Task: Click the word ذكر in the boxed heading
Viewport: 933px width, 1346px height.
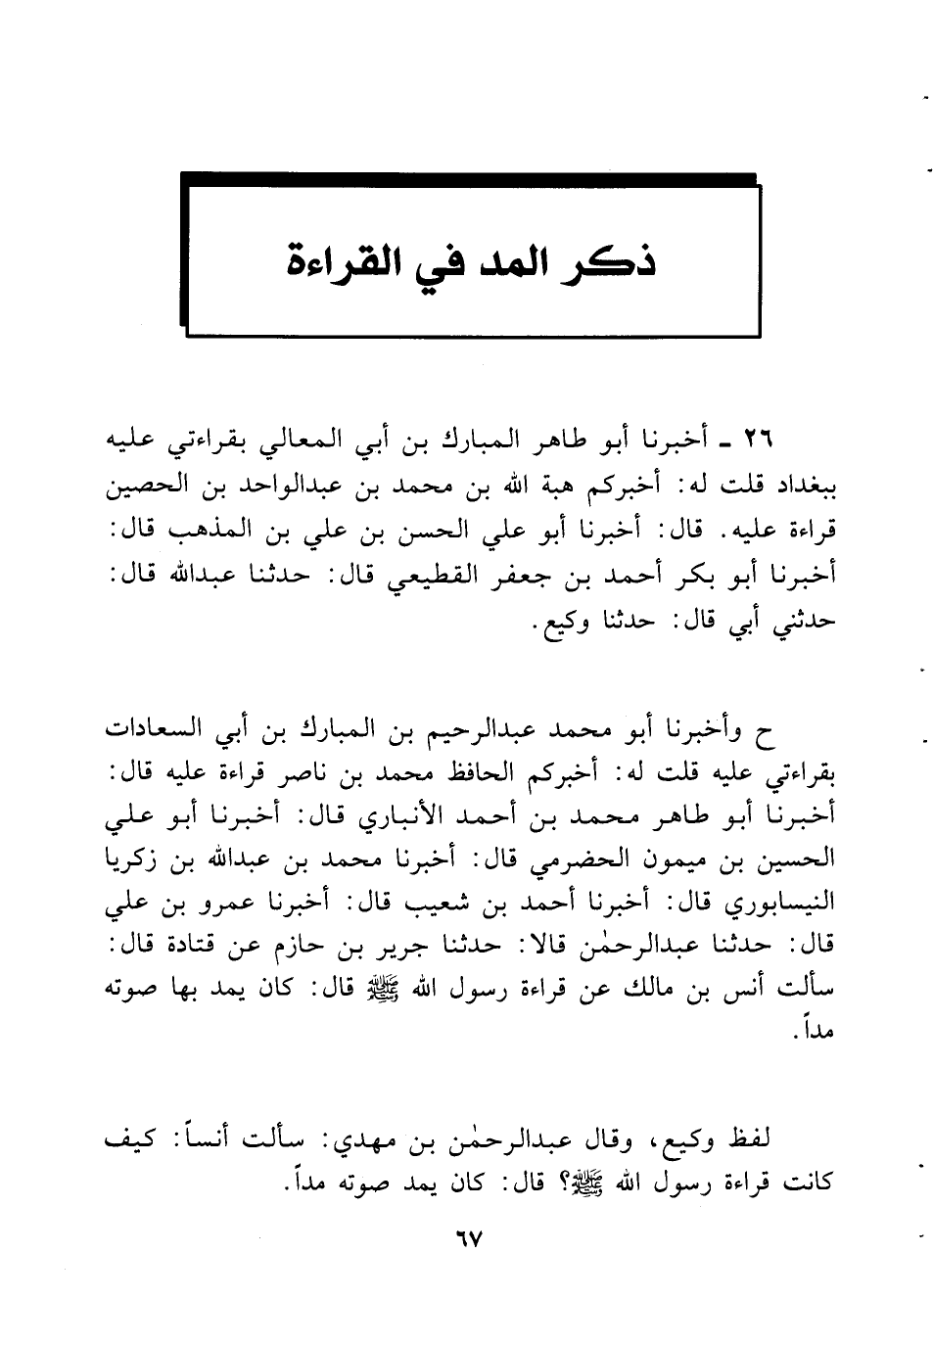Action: coord(616,259)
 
